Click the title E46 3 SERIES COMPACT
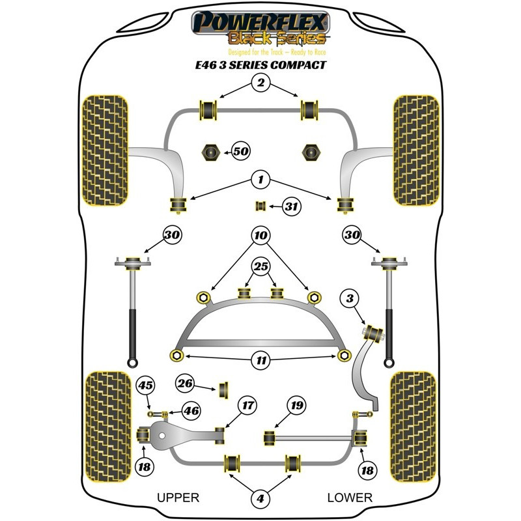pyautogui.click(x=260, y=65)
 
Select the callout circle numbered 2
pyautogui.click(x=260, y=83)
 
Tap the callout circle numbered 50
pyautogui.click(x=241, y=152)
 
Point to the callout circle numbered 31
pyautogui.click(x=291, y=207)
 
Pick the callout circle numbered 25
pyautogui.click(x=260, y=266)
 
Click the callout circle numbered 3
pyautogui.click(x=351, y=299)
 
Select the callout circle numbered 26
pyautogui.click(x=186, y=384)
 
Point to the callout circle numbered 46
pyautogui.click(x=191, y=411)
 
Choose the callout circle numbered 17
pyautogui.click(x=247, y=405)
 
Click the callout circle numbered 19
pyautogui.click(x=296, y=406)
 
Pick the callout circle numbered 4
pyautogui.click(x=260, y=499)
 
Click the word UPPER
pyautogui.click(x=178, y=498)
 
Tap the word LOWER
pyautogui.click(x=350, y=498)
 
